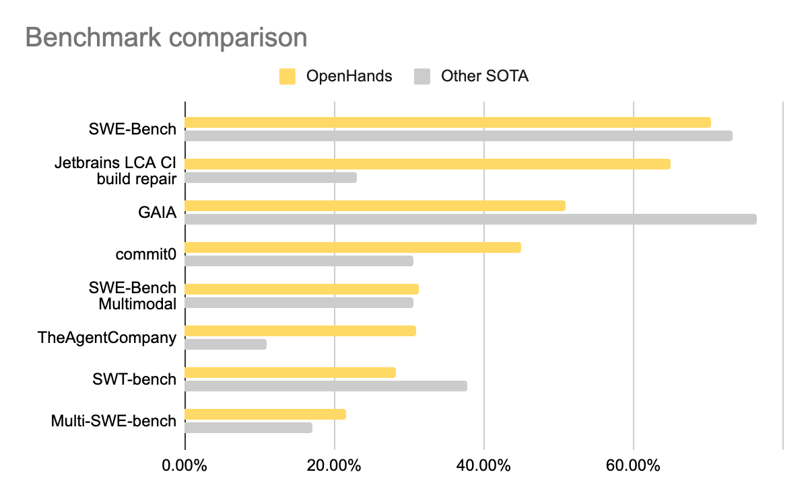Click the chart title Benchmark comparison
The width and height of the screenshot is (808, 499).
pos(166,38)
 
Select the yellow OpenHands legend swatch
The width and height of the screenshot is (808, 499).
pos(288,77)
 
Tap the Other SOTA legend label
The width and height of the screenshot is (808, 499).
pos(484,77)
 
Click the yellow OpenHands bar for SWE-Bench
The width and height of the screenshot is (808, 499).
pos(448,122)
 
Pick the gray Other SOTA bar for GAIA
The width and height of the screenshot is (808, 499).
pos(471,219)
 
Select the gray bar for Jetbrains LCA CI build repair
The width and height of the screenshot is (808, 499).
pos(271,178)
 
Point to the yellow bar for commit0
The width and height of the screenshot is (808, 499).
pos(353,247)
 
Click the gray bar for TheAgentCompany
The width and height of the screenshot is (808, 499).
pos(226,344)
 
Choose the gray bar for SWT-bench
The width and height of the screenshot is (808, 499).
pos(326,386)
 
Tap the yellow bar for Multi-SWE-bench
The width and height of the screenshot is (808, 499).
pos(265,414)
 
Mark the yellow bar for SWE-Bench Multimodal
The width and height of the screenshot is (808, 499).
pos(302,289)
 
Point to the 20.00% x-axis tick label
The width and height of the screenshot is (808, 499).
pos(335,465)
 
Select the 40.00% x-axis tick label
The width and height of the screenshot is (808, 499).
pos(484,465)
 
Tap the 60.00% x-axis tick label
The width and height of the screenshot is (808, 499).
pos(634,465)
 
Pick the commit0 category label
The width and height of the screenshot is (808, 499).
pos(146,255)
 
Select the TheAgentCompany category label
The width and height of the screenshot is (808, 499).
pos(107,338)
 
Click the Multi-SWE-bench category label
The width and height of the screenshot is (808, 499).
pos(114,421)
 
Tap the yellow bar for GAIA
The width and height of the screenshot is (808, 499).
pos(375,206)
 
